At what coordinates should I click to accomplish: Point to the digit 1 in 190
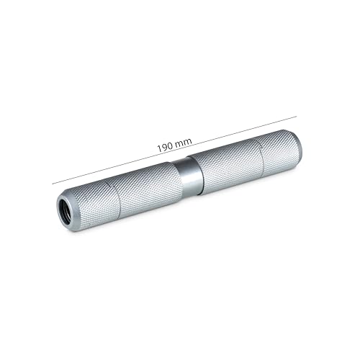(x=158, y=149)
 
